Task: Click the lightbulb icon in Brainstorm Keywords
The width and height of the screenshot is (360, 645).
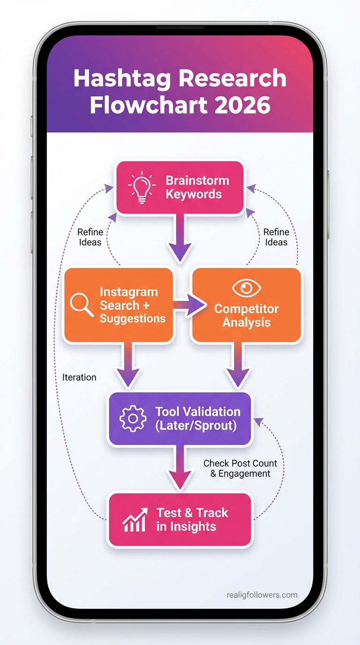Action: pyautogui.click(x=141, y=188)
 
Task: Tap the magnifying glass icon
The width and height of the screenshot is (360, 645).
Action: pyautogui.click(x=82, y=304)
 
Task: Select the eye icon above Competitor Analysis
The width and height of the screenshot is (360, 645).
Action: pyautogui.click(x=246, y=288)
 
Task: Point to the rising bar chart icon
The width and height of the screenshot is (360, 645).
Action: pyautogui.click(x=135, y=520)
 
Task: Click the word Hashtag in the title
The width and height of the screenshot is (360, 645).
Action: pyautogui.click(x=123, y=78)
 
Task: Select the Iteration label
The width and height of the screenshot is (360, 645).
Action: pyautogui.click(x=79, y=377)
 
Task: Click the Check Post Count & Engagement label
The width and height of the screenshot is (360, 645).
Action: pyautogui.click(x=240, y=468)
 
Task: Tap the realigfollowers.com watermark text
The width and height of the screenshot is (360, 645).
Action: pyautogui.click(x=262, y=595)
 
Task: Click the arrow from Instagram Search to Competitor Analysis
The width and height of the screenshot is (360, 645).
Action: pyautogui.click(x=189, y=306)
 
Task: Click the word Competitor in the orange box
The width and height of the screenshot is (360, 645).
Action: pyautogui.click(x=246, y=309)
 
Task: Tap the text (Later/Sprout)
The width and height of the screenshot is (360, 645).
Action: pyautogui.click(x=196, y=426)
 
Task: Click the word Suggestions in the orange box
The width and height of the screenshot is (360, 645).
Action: pyautogui.click(x=133, y=319)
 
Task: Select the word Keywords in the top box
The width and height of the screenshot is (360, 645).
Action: pyautogui.click(x=194, y=194)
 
